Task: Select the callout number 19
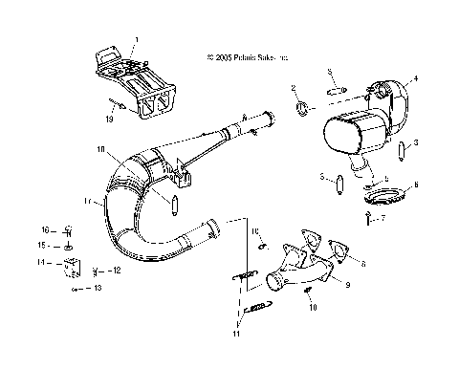(110, 121)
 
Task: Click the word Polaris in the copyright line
(246, 57)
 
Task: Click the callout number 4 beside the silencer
(416, 78)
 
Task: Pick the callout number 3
(415, 141)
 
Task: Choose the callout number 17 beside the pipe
(88, 203)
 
